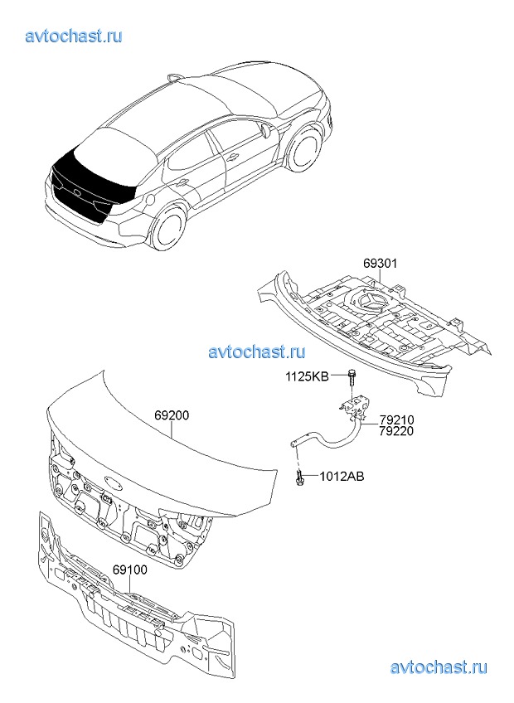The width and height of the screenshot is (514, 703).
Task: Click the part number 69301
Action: (x=380, y=263)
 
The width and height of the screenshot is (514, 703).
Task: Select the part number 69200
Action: (x=172, y=415)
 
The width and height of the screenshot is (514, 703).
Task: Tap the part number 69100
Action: (x=129, y=570)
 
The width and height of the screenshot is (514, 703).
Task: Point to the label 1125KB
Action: (x=308, y=376)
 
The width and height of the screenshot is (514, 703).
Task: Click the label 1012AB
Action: (x=342, y=476)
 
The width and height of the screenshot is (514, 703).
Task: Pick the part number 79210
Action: (x=396, y=420)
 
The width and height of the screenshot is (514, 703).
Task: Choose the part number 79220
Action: (x=396, y=431)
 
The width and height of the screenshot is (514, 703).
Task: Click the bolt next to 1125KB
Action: (x=351, y=378)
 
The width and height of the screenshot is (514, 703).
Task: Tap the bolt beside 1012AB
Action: (x=298, y=477)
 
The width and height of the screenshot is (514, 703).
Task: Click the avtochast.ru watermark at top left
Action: (x=74, y=36)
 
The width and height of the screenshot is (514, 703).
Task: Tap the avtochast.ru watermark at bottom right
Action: (x=439, y=667)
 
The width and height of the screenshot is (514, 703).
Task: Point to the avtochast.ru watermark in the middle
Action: (x=257, y=351)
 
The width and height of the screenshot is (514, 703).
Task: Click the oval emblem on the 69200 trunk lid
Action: (x=114, y=480)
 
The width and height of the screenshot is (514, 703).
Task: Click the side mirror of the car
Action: (x=264, y=129)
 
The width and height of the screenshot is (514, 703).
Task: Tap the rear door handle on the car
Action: (x=183, y=182)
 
